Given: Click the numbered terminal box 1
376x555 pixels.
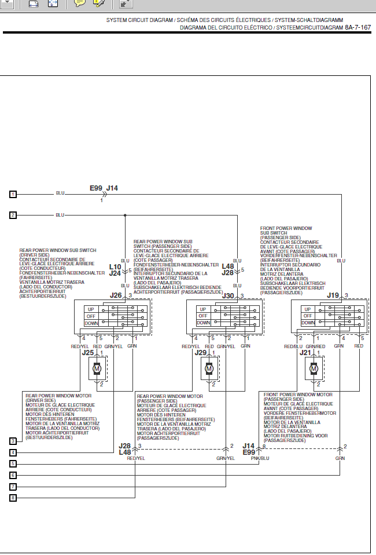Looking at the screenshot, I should tap(13, 193).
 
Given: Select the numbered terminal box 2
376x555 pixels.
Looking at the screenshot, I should tap(13, 216).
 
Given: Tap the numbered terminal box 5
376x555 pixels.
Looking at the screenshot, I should tap(13, 463).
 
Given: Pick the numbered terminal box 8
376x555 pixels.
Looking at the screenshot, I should tap(13, 497).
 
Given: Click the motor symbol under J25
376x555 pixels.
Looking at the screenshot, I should tap(97, 368).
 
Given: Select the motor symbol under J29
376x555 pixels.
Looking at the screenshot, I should tap(209, 368).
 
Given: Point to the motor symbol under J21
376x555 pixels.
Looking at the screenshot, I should tap(314, 368).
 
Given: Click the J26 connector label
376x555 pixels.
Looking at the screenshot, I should tap(116, 295).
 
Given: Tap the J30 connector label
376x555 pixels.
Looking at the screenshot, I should tap(228, 295).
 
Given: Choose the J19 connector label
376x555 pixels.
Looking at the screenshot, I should tap(333, 295).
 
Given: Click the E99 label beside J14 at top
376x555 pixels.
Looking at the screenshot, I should tap(95, 188).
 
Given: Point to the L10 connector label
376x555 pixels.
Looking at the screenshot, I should tap(115, 267).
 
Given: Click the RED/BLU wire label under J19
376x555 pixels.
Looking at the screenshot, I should tap(294, 346).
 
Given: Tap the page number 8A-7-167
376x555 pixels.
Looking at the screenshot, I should tap(358, 27).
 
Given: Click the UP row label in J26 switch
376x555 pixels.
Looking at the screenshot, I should tap(91, 309).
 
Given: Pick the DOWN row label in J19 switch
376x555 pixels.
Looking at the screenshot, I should tap(308, 323).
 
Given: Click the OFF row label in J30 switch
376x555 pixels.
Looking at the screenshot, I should tap(203, 316).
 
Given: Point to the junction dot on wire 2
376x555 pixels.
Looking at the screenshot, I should tap(125, 216).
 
